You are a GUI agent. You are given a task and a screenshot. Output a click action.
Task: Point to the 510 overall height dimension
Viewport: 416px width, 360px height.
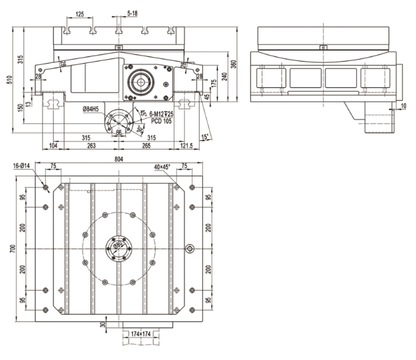coord(9,80)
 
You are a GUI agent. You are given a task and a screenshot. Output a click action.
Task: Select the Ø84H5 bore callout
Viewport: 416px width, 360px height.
coord(91,108)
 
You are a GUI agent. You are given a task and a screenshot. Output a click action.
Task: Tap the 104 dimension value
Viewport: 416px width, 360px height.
coord(53,145)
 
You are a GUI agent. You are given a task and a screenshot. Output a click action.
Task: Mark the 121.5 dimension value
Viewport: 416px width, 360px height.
coord(186,145)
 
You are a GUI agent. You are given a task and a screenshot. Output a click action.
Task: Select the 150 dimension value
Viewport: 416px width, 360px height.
coord(19,106)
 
